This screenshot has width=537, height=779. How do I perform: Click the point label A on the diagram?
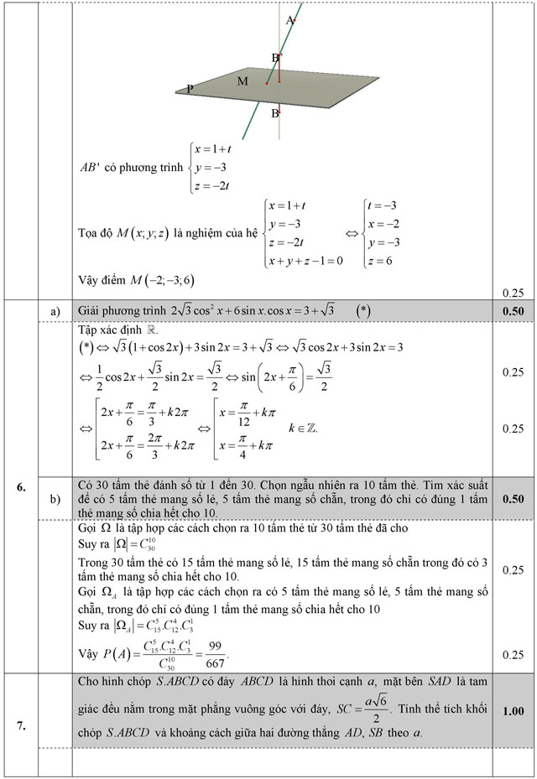tap(289, 19)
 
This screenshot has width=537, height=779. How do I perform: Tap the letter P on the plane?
tap(190, 88)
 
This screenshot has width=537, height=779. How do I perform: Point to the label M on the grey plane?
tap(242, 81)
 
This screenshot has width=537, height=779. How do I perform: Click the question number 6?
tap(21, 486)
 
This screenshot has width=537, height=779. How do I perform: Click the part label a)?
tap(56, 311)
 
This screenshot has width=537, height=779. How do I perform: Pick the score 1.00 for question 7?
tap(513, 711)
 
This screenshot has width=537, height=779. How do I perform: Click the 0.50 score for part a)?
tap(513, 311)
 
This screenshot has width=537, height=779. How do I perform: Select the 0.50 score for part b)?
tap(513, 499)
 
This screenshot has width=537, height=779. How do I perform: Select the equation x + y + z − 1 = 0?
tap(305, 261)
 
